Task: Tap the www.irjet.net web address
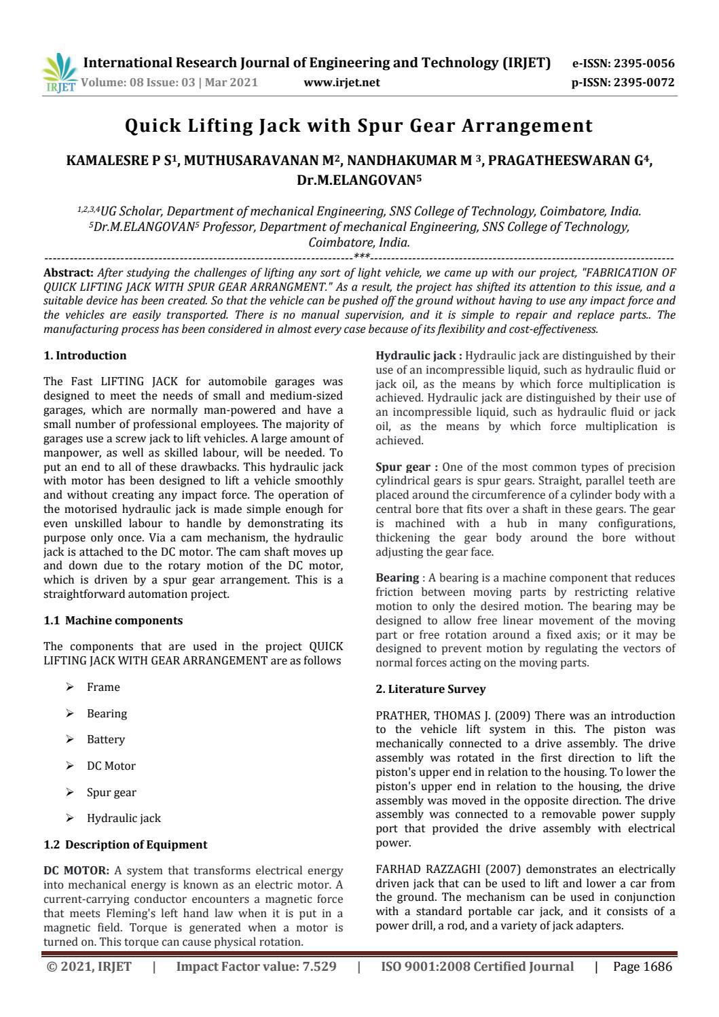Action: pyautogui.click(x=342, y=83)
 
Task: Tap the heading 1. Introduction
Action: pyautogui.click(x=85, y=355)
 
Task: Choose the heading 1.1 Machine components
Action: pyautogui.click(x=113, y=620)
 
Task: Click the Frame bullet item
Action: pyautogui.click(x=103, y=687)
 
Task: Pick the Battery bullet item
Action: pyautogui.click(x=106, y=739)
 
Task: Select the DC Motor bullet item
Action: pyautogui.click(x=111, y=766)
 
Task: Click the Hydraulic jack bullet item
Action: pyautogui.click(x=124, y=818)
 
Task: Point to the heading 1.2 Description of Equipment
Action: pyautogui.click(x=125, y=844)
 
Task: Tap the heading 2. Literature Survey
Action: pyautogui.click(x=430, y=689)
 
